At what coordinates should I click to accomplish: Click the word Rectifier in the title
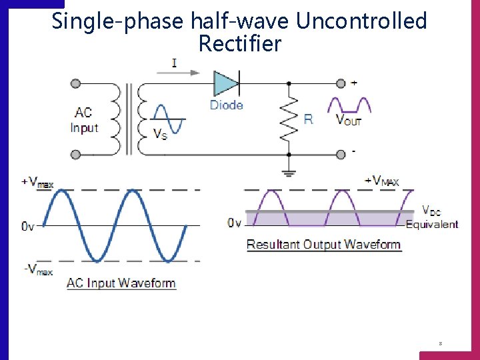pos(240,45)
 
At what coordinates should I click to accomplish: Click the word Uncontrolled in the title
pos(361,21)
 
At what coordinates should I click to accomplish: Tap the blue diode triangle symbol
pos(225,83)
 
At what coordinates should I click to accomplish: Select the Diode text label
pos(226,105)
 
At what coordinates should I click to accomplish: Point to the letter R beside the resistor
pos(308,119)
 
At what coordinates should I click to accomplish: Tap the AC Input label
pos(84,120)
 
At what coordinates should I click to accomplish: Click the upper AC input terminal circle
pos(75,83)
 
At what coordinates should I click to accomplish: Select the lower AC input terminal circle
pos(75,155)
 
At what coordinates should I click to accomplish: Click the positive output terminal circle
pos(341,83)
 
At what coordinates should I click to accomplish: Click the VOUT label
pos(349,120)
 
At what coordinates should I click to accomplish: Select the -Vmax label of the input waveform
pos(37,269)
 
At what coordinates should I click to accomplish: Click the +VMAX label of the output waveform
pos(381,181)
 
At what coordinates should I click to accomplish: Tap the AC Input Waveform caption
pos(121,283)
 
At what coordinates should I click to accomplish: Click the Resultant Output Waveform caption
pos(323,244)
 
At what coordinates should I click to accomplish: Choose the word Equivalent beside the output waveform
pos(432,224)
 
